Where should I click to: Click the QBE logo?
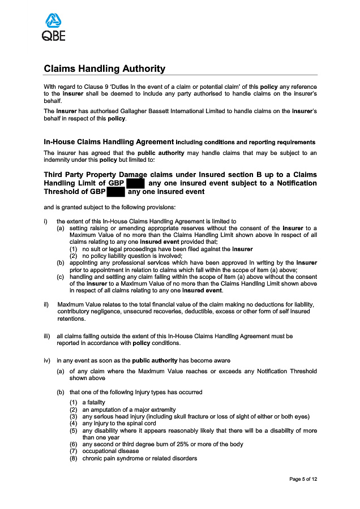pyautogui.click(x=53, y=28)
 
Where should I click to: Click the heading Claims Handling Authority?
pyautogui.click(x=104, y=69)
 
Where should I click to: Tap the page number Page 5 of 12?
pyautogui.click(x=302, y=479)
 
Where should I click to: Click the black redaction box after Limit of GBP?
pyautogui.click(x=136, y=183)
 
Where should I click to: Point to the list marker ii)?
pyautogui.click(x=46, y=305)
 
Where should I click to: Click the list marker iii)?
pyautogui.click(x=47, y=336)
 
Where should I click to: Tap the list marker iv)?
pyautogui.click(x=47, y=360)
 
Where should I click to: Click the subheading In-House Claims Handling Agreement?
pyautogui.click(x=109, y=141)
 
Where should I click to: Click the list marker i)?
pyautogui.click(x=46, y=221)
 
